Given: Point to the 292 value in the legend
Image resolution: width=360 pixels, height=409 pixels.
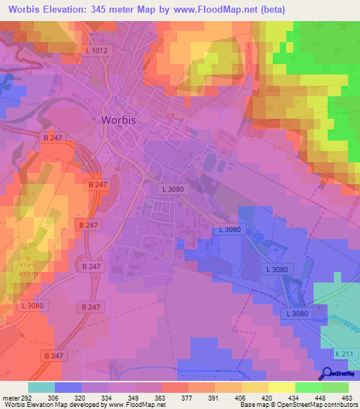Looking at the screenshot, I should tap(26, 397).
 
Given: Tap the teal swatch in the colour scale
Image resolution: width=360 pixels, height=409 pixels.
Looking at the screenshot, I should tap(41, 387).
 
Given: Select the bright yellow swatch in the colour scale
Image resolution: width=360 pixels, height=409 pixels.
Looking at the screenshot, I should tap(282, 387).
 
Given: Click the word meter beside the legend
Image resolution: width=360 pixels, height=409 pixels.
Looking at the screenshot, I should tap(9, 397).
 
